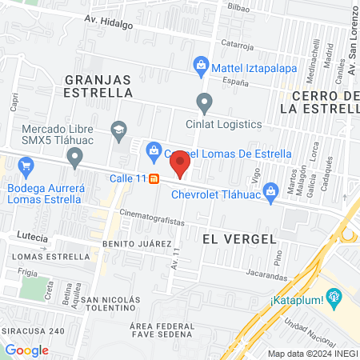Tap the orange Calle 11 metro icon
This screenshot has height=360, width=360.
point(154,178)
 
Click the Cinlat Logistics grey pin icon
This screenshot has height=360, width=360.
point(206,103)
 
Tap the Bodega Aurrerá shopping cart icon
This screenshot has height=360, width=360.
point(26,166)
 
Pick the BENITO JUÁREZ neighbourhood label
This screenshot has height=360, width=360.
point(137,242)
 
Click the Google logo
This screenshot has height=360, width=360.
point(27,350)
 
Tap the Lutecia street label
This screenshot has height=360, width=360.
point(32,238)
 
